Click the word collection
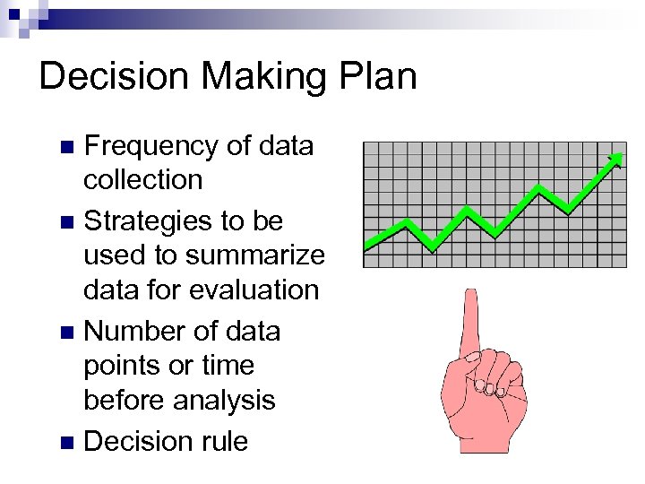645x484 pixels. pyautogui.click(x=143, y=180)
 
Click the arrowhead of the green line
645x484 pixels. pyautogui.click(x=616, y=160)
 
